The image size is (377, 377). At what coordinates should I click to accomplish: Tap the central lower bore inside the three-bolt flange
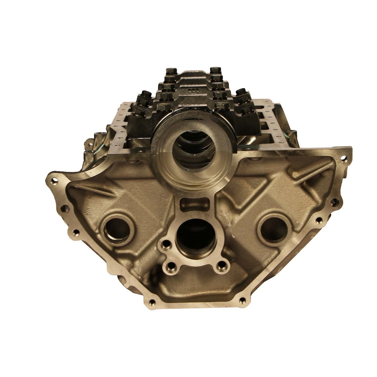coord(196,237)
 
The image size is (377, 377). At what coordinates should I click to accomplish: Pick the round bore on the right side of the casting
coord(274,229)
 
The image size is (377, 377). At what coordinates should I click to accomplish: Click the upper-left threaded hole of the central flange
coord(167,244)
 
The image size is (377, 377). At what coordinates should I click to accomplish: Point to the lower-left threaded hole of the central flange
coord(171,268)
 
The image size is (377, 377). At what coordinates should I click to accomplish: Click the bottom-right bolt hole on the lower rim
coord(242,301)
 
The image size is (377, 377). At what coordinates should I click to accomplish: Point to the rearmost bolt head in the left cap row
coord(171,71)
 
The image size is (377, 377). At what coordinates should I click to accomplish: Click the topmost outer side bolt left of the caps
coord(146,95)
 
